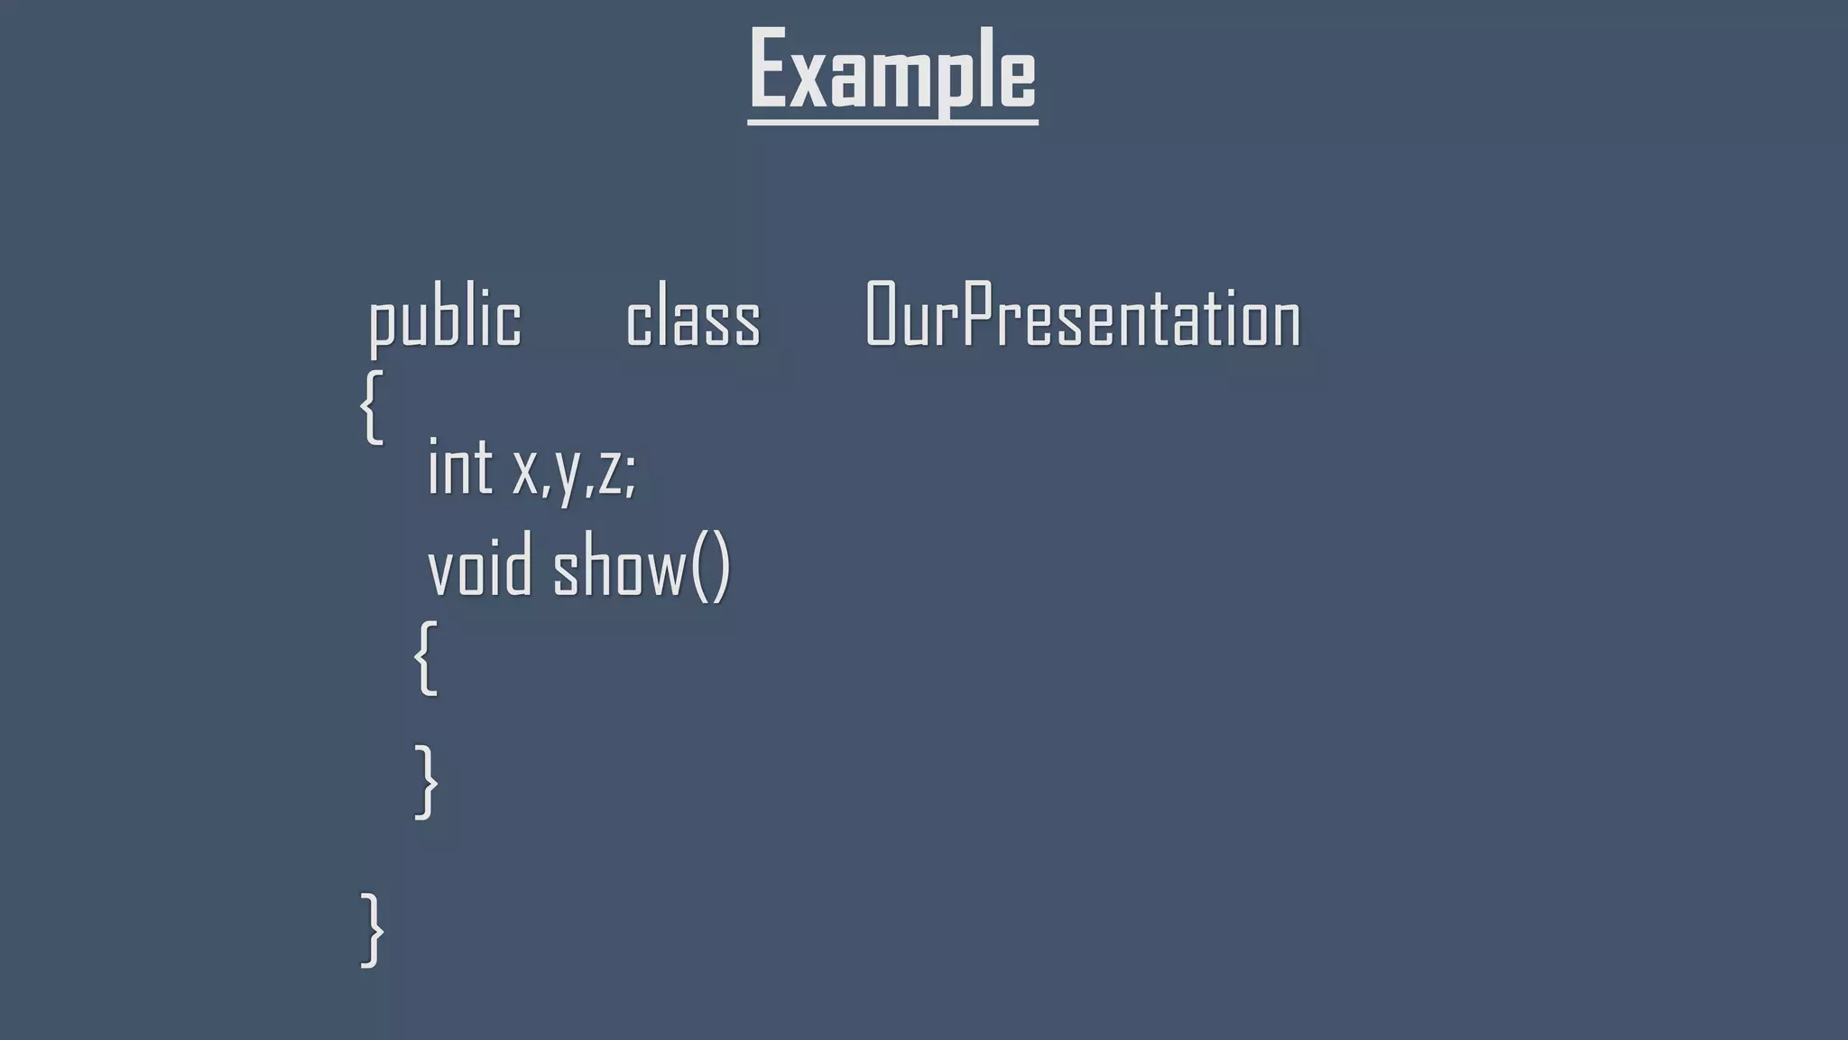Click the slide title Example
coord(892,70)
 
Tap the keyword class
coord(693,318)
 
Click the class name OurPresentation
coord(1083,315)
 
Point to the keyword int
coord(459,468)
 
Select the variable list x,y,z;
coord(575,470)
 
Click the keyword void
coord(479,569)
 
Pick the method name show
coord(619,569)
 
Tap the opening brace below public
coord(372,406)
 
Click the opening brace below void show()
coord(426,657)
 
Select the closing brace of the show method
coord(426,782)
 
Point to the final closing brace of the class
coord(372,930)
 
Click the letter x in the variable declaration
coord(524,471)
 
